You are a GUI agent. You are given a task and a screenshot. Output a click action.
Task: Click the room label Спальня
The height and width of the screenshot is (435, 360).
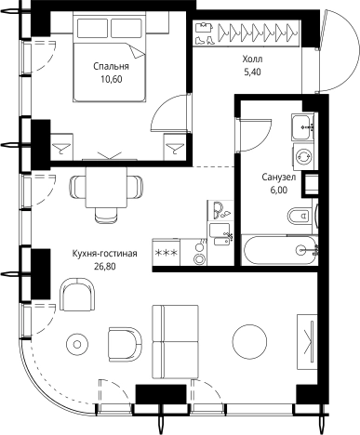(111, 66)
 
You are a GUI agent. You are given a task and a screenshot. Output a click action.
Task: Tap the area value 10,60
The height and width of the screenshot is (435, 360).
(111, 79)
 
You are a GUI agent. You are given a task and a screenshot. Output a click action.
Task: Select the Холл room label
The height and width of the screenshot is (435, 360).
(252, 59)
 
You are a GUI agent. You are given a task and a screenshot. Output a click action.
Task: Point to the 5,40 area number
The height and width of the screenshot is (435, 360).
(252, 72)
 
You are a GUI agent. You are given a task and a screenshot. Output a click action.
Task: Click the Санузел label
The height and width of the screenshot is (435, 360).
(279, 178)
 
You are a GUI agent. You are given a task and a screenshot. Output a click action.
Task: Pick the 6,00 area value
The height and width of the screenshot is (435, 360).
(279, 191)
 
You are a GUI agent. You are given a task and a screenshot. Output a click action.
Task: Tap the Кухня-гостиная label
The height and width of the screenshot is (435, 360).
(104, 254)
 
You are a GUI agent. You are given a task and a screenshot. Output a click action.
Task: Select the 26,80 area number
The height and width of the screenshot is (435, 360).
(104, 267)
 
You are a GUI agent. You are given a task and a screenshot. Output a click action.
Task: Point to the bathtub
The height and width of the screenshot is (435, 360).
(280, 250)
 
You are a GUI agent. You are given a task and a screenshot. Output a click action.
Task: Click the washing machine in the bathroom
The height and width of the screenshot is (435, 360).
(303, 156)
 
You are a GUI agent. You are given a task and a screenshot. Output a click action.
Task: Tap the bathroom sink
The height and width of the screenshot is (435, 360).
(302, 126)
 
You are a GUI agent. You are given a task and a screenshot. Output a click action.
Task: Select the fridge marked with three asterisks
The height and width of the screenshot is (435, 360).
(166, 252)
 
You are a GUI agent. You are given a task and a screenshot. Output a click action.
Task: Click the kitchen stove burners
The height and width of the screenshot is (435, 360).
(199, 253)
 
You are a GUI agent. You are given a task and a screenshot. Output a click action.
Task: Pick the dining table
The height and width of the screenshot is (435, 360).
(106, 188)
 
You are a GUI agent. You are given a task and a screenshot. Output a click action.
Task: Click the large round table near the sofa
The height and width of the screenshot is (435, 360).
(249, 342)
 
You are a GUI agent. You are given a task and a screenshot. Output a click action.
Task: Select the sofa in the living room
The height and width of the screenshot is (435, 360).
(175, 341)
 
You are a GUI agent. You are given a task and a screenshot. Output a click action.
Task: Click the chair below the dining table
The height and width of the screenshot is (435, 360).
(106, 215)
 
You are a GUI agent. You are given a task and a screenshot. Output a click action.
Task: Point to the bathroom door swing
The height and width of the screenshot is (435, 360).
(254, 135)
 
